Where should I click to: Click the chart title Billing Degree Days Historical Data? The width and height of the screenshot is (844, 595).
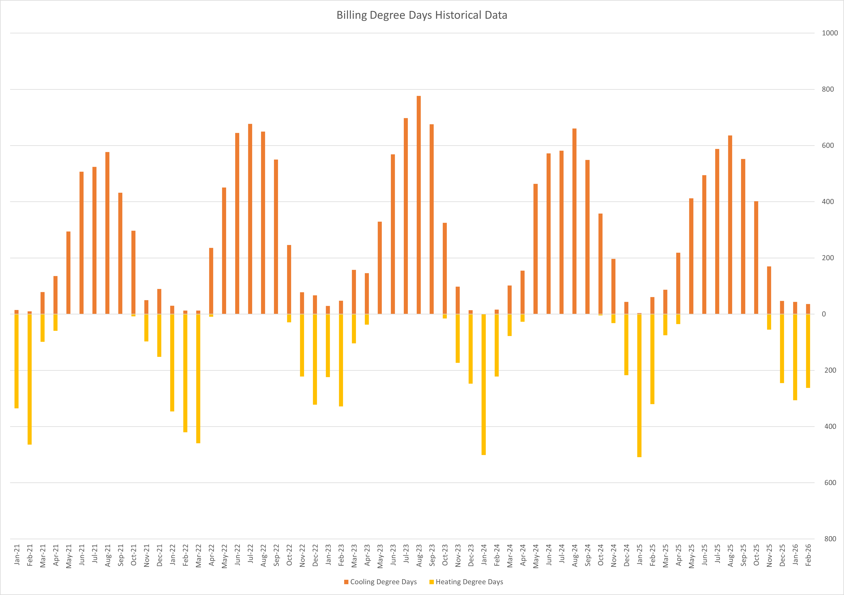(x=422, y=15)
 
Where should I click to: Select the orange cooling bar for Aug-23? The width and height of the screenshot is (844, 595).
(x=419, y=205)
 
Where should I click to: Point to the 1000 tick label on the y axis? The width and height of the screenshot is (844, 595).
(x=830, y=33)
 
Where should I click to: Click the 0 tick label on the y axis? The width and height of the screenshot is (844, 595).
(x=824, y=314)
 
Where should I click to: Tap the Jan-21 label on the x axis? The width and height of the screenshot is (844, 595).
(x=17, y=555)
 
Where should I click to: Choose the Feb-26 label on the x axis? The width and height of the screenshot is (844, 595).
(x=808, y=555)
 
